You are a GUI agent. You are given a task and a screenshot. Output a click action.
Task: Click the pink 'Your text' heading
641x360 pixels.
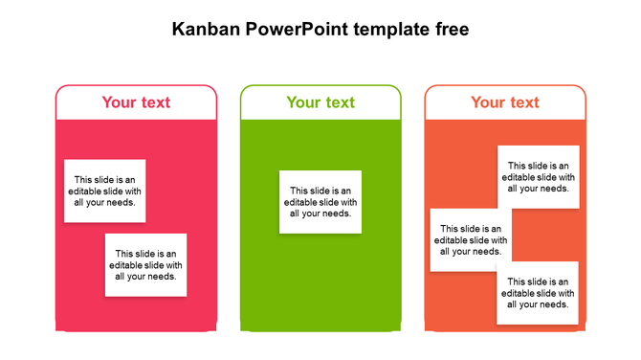click(136, 102)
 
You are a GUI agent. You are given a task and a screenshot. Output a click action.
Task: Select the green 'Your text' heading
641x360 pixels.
click(320, 102)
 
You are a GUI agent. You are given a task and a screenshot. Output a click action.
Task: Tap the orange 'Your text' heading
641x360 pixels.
click(505, 102)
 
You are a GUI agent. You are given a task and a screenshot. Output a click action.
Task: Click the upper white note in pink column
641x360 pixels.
click(105, 191)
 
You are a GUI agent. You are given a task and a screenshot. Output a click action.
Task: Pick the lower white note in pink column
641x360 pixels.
click(145, 265)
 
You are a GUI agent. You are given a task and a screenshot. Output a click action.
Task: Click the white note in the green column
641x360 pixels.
click(320, 202)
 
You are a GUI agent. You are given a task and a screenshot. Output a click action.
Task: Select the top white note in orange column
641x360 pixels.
click(538, 177)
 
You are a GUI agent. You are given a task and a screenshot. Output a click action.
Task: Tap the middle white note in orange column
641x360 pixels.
click(470, 240)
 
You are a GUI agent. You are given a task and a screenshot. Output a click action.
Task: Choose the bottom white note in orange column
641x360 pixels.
click(538, 293)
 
